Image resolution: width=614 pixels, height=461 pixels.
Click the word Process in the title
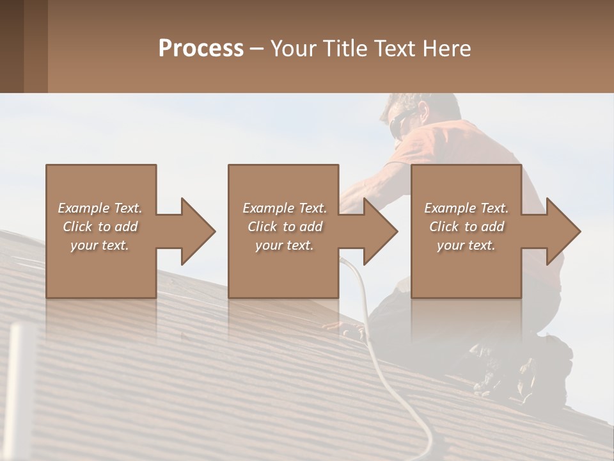click(x=201, y=49)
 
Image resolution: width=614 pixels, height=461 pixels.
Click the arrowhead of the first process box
click(x=198, y=231)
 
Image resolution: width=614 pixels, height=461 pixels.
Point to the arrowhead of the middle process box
click(x=381, y=231)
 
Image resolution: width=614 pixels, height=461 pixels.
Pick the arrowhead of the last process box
click(x=563, y=231)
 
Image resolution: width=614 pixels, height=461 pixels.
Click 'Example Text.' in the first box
click(x=100, y=208)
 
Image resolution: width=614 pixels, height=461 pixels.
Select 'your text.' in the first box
click(x=100, y=245)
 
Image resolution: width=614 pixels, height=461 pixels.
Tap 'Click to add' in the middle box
click(x=285, y=227)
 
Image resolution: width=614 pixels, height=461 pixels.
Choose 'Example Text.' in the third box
click(x=466, y=208)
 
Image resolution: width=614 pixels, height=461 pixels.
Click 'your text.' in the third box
click(x=466, y=245)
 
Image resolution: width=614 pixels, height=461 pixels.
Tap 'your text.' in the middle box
click(x=285, y=245)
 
